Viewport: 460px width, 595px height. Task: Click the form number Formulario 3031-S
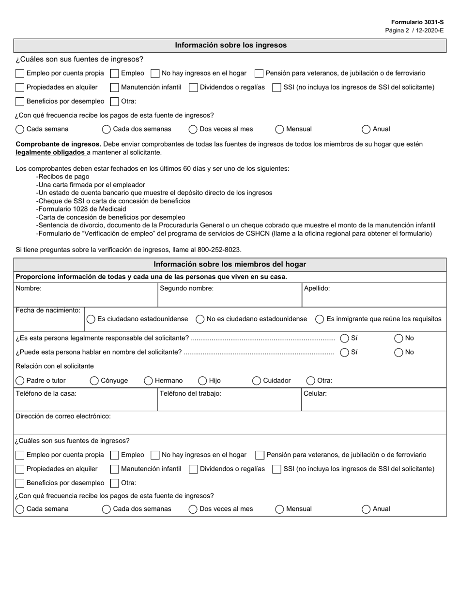[417, 22]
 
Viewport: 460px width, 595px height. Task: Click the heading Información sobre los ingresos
[230, 45]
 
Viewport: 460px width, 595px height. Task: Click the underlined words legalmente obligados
[50, 152]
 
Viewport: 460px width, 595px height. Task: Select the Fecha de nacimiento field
[49, 322]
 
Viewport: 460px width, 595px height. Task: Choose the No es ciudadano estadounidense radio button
[200, 319]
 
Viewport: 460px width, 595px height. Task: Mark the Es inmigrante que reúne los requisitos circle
[320, 319]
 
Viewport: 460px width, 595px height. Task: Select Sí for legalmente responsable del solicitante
[345, 338]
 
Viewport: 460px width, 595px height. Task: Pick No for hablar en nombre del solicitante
[399, 352]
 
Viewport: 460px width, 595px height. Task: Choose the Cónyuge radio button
[95, 381]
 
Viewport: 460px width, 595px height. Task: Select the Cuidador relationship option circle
[257, 381]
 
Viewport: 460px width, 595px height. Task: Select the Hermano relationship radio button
[149, 381]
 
